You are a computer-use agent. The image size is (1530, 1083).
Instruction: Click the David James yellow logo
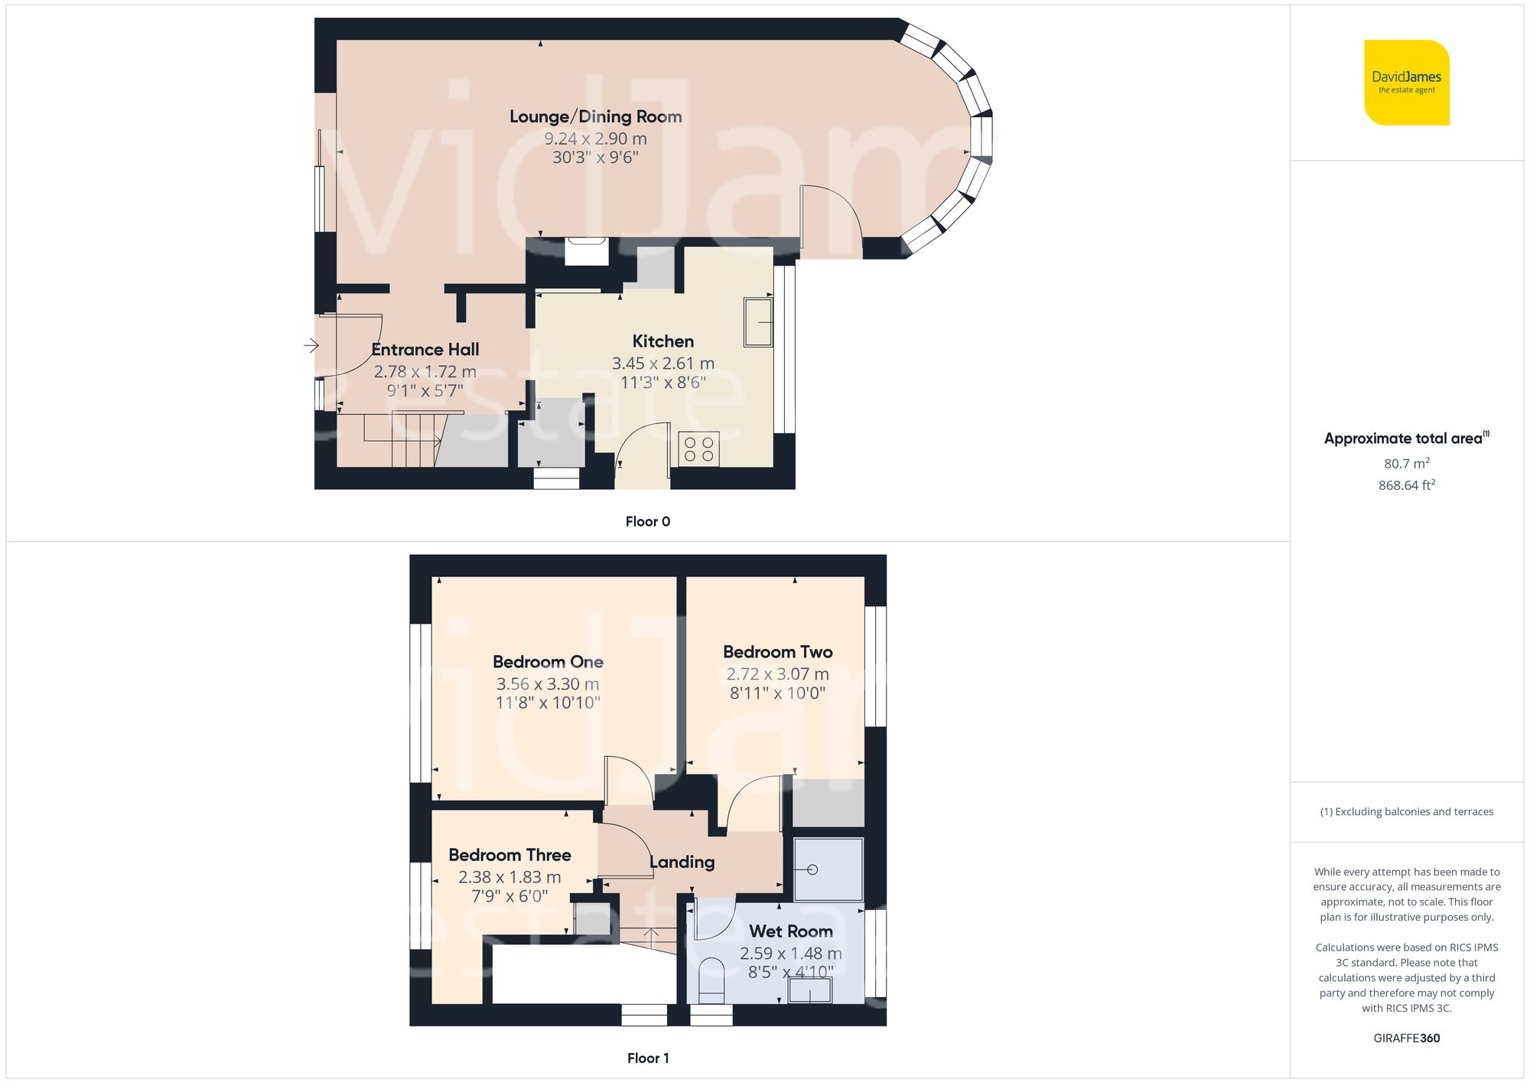[1406, 83]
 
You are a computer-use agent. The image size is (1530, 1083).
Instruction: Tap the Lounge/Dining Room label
[595, 116]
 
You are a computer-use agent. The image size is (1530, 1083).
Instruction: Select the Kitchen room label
[662, 341]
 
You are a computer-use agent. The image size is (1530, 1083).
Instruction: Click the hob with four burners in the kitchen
[698, 449]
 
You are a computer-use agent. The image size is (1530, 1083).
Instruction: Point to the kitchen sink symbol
[758, 322]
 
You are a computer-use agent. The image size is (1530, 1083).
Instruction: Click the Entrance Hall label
[425, 350]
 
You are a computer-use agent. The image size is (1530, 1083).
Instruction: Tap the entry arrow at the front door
[311, 345]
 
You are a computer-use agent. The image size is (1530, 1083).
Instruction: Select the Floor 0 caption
[647, 521]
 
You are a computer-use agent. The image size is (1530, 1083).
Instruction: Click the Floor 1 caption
[647, 1058]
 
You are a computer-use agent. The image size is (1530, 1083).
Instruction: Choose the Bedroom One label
[548, 662]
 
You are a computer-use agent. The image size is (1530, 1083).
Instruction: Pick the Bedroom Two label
[777, 652]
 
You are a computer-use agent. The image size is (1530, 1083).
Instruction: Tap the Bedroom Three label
[509, 855]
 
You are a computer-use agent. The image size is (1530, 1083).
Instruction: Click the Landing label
[682, 863]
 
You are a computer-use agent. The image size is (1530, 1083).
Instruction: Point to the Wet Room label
[790, 931]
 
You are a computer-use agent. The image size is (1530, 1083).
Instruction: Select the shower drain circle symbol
[812, 869]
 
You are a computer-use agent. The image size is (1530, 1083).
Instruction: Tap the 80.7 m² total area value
[1406, 464]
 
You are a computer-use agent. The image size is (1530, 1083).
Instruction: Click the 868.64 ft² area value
[1406, 485]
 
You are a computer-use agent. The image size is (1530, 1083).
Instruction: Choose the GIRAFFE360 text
[1406, 1038]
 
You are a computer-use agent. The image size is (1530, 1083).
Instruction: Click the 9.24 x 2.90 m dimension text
[595, 139]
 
